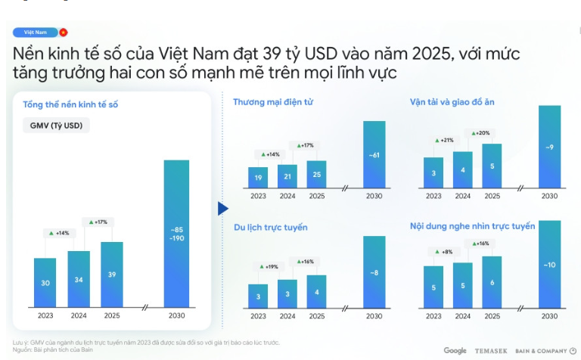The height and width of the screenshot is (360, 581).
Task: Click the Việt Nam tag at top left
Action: (x=36, y=33)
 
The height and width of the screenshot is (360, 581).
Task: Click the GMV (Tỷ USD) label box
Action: (x=56, y=126)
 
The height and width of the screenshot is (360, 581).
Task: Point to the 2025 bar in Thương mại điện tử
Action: (x=317, y=175)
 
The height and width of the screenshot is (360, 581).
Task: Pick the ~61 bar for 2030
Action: (x=374, y=155)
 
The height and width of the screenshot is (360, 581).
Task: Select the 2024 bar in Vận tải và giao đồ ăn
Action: (x=463, y=170)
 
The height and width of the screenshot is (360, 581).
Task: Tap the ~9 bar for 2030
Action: (x=550, y=147)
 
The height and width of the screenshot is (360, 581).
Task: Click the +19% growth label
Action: (x=269, y=267)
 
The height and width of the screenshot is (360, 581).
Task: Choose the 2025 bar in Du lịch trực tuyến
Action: (x=317, y=291)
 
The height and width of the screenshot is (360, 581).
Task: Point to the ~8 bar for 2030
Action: (x=374, y=272)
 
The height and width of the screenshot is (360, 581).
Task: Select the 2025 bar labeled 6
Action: (x=492, y=281)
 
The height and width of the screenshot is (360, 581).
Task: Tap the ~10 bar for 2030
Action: (x=550, y=264)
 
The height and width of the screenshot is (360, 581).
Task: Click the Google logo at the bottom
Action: (x=455, y=350)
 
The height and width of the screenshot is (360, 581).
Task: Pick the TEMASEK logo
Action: (x=492, y=350)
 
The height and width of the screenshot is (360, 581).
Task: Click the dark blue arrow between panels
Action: (x=222, y=208)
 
